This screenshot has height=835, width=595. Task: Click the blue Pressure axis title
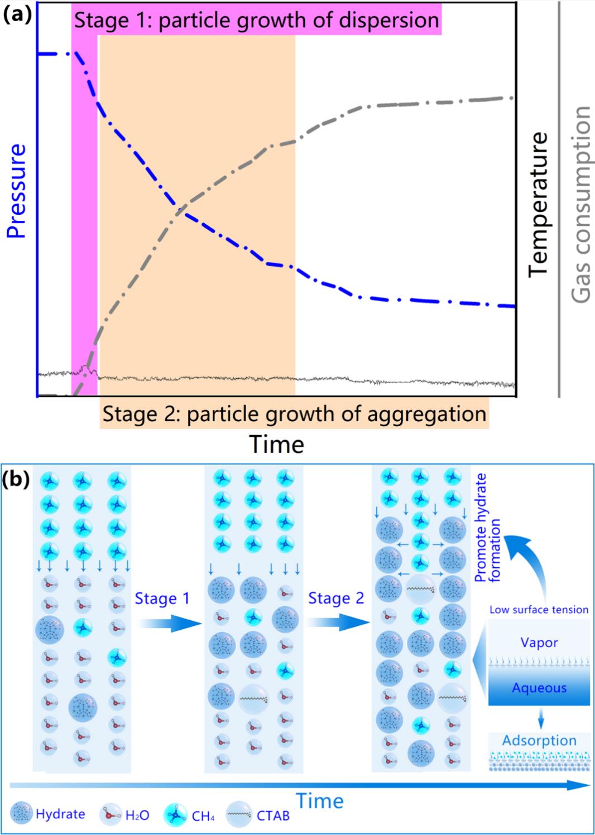point(17,191)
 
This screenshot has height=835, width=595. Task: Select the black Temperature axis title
point(538,204)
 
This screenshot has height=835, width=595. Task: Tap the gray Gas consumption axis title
point(581,204)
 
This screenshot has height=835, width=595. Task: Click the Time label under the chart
point(276,445)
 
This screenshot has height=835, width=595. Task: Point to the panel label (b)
point(17,479)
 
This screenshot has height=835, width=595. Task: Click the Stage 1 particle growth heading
point(257,21)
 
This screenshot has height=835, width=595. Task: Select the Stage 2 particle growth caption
point(294,414)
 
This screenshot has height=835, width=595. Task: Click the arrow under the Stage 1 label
point(169,624)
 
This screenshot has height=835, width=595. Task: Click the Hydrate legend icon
point(23,814)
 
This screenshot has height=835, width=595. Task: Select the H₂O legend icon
point(110,814)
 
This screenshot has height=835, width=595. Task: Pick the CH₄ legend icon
point(175,815)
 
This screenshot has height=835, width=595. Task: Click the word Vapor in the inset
point(539,643)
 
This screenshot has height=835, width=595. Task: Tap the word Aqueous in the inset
point(539,688)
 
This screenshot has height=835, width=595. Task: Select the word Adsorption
point(539,741)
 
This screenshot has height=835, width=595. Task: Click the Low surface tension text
point(539,610)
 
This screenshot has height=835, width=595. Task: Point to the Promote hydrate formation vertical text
point(487,527)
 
